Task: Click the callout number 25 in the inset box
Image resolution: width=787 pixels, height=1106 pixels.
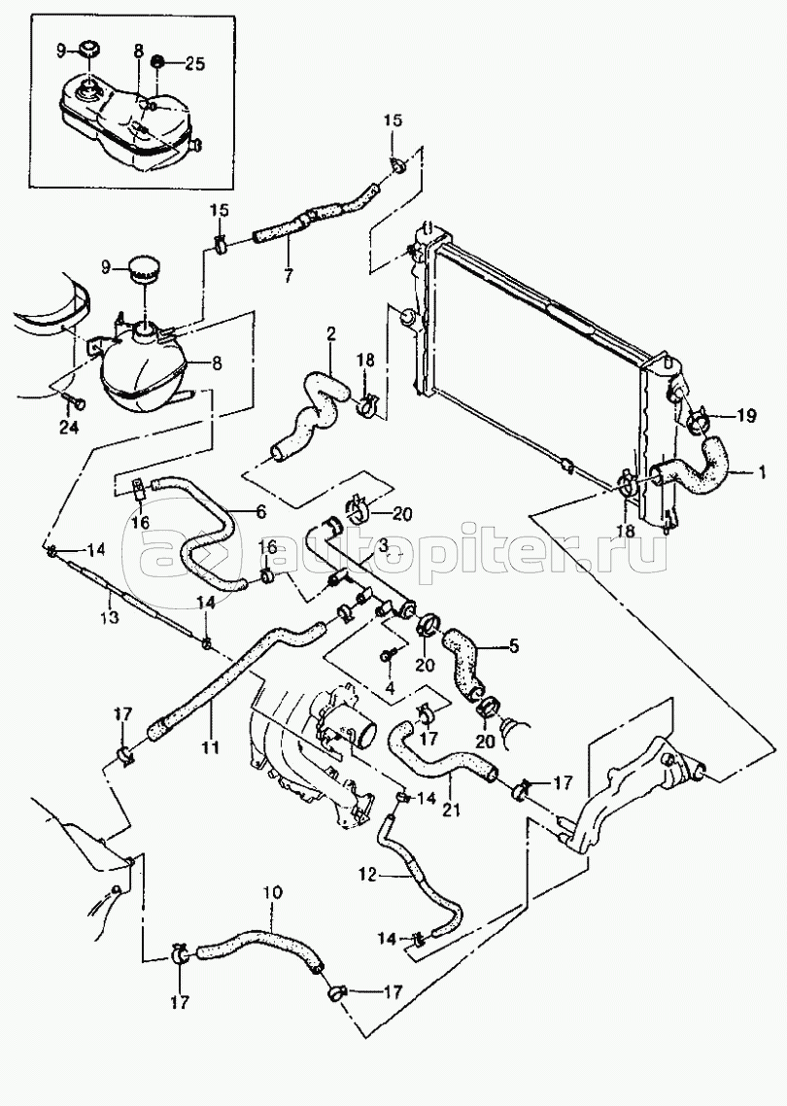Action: pyautogui.click(x=194, y=63)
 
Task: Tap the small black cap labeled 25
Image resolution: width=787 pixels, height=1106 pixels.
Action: pyautogui.click(x=158, y=62)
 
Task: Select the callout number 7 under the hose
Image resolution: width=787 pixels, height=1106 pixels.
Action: pyautogui.click(x=288, y=276)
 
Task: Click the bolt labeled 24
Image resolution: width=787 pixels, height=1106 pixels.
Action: pyautogui.click(x=76, y=401)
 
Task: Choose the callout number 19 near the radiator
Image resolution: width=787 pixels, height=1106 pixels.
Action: pyautogui.click(x=746, y=415)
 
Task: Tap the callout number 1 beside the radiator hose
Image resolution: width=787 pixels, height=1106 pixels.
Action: pyautogui.click(x=760, y=474)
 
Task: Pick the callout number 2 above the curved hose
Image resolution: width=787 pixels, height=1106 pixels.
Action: pyautogui.click(x=330, y=335)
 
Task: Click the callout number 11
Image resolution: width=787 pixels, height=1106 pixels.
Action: pyautogui.click(x=210, y=746)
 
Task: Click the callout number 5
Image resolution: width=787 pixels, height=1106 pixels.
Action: pyautogui.click(x=513, y=645)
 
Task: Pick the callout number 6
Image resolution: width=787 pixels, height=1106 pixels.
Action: pyautogui.click(x=261, y=512)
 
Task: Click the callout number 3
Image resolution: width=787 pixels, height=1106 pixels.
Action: pyautogui.click(x=402, y=544)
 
